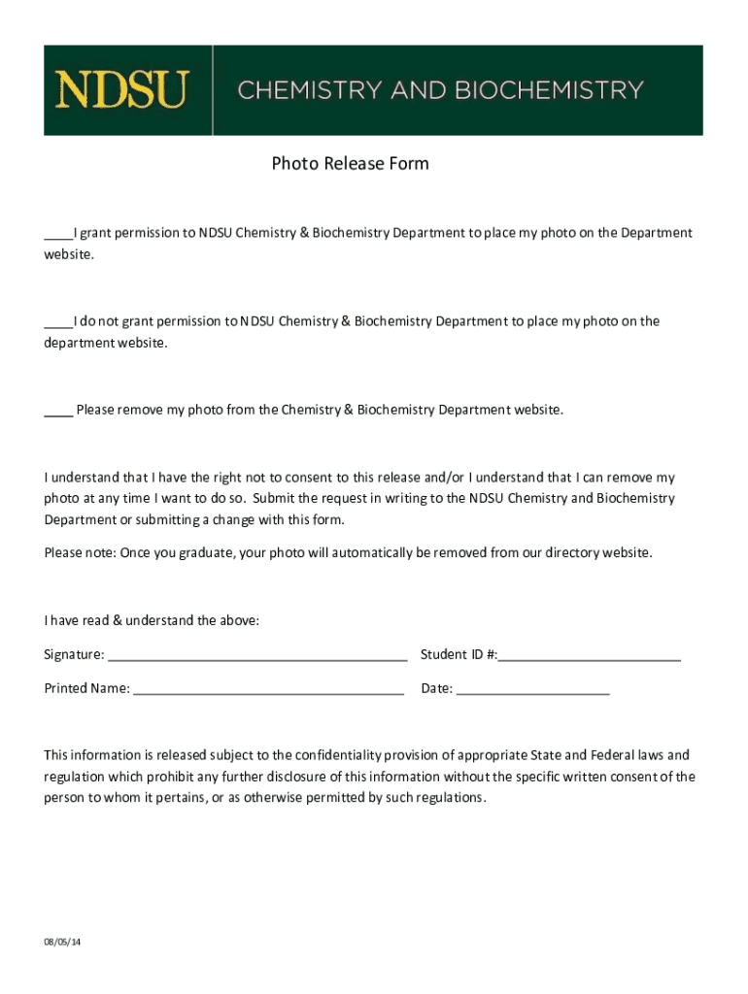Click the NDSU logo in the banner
tap(121, 89)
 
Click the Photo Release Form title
tap(350, 163)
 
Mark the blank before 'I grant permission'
tap(56, 234)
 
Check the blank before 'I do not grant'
tap(57, 322)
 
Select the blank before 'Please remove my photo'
tap(57, 411)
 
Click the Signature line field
tap(257, 656)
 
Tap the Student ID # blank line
tap(590, 656)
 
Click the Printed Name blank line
tap(268, 690)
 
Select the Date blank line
tap(532, 690)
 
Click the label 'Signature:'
tap(74, 654)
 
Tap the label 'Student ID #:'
tap(459, 654)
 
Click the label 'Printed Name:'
tap(86, 688)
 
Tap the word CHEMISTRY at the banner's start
tap(309, 90)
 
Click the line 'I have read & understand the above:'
tap(152, 620)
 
